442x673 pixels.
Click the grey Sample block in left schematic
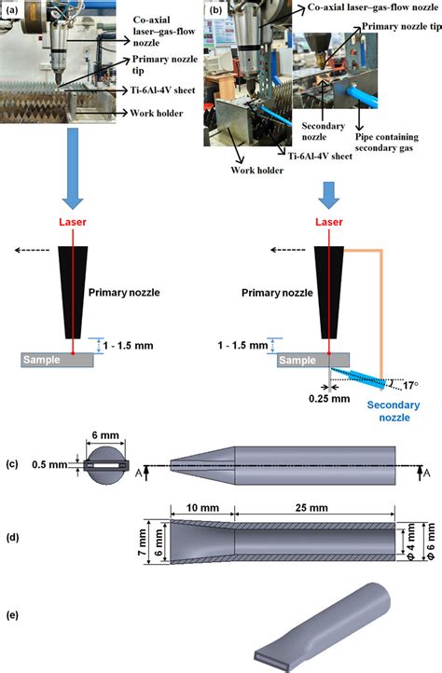point(59,359)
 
